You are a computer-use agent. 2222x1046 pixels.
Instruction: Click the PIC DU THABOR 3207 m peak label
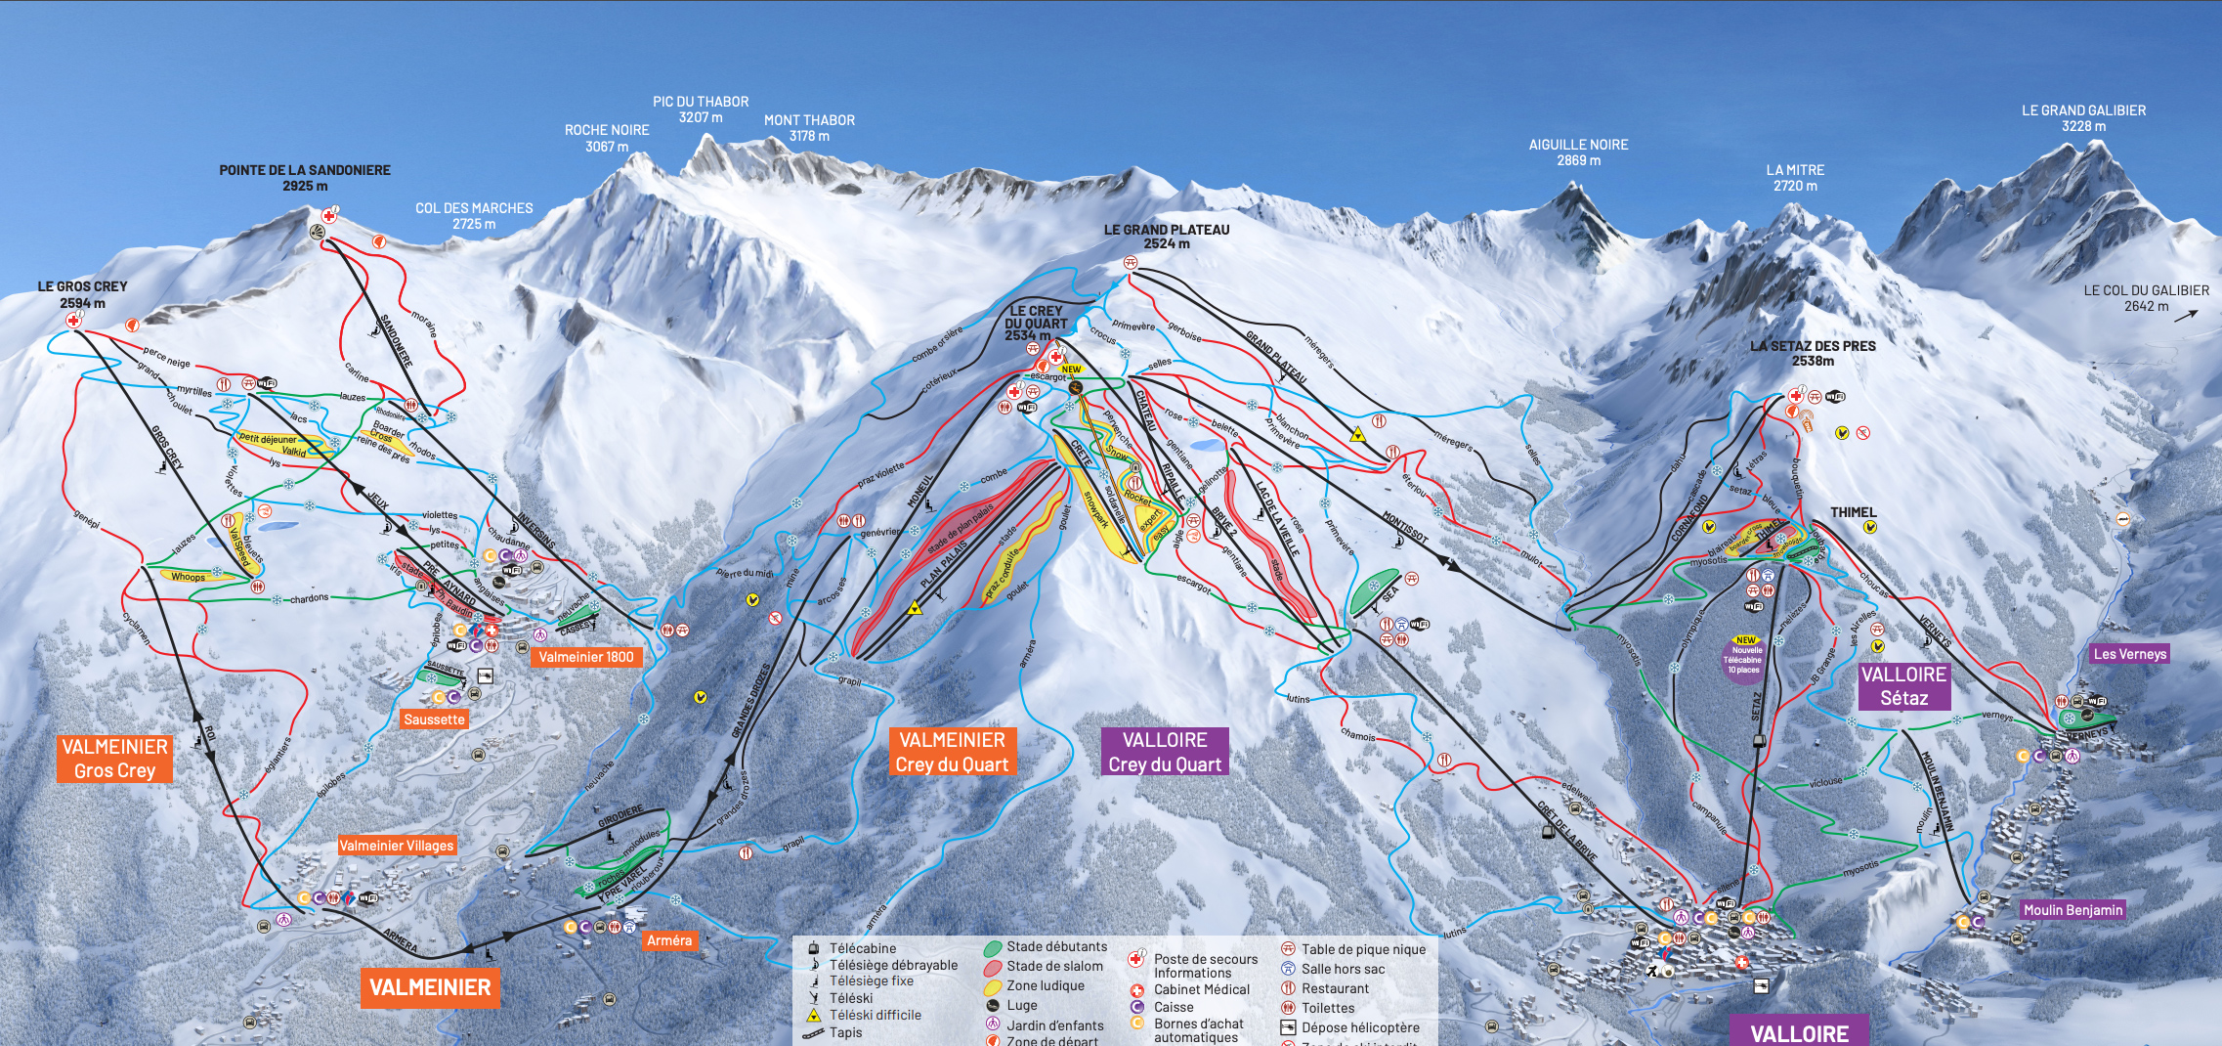[701, 109]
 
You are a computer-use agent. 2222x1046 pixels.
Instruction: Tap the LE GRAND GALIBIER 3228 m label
[2083, 118]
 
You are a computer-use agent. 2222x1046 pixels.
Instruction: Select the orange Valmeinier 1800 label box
[585, 657]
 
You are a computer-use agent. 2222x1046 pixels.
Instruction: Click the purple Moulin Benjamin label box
[2072, 910]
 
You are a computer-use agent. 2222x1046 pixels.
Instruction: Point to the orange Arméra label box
[669, 940]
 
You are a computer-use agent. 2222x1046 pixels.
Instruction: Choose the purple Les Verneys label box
[2129, 654]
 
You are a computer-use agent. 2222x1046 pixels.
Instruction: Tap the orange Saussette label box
[435, 719]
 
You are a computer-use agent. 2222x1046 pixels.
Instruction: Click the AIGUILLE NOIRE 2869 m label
[1578, 153]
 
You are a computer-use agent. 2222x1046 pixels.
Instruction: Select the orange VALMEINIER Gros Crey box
[115, 759]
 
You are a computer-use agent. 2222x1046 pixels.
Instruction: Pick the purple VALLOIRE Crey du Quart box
[1165, 752]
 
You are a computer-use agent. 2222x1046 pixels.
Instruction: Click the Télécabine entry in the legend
[862, 948]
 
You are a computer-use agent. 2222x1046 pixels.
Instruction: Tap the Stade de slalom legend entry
[1054, 966]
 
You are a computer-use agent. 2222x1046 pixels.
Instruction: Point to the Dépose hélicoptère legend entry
[1359, 1027]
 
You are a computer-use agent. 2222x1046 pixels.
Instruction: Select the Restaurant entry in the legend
[1334, 988]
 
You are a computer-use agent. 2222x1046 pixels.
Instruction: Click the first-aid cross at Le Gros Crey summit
[73, 321]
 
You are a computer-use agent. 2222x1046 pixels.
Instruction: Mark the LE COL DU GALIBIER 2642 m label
[2145, 298]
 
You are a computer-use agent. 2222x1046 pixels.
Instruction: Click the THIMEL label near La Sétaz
[1853, 512]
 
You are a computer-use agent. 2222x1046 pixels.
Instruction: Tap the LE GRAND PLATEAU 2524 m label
[1166, 237]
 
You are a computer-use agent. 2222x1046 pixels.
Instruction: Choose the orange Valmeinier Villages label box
[397, 846]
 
